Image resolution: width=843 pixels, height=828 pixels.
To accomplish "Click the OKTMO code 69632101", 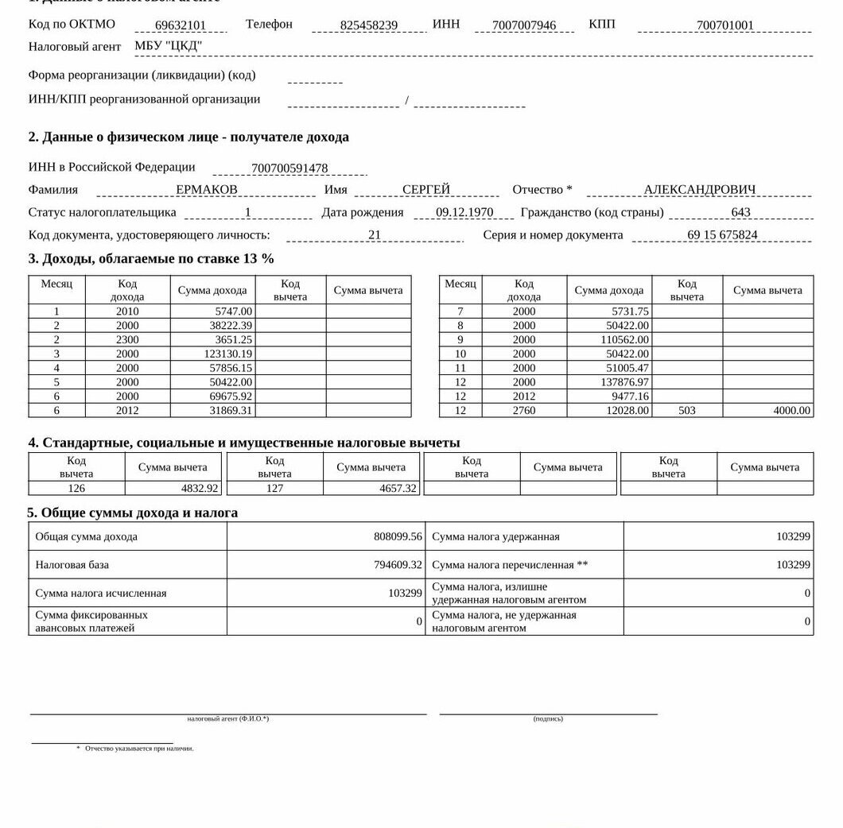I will tap(181, 25).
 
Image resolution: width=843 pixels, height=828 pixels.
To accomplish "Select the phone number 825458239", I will tap(369, 25).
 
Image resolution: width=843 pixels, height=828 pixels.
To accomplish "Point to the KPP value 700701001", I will tap(725, 25).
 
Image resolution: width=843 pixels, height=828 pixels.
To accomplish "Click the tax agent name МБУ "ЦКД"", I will tap(169, 46).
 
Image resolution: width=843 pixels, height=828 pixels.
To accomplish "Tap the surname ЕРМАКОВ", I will tap(207, 190).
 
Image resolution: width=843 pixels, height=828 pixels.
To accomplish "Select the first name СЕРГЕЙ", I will tap(426, 190).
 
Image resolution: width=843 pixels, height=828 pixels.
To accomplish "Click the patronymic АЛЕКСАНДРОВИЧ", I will tap(700, 190).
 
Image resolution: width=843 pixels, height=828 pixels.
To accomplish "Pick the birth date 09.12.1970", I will tap(464, 213).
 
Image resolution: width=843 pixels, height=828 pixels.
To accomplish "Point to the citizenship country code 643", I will tap(740, 213).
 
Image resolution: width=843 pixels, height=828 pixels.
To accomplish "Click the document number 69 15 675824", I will tap(722, 235).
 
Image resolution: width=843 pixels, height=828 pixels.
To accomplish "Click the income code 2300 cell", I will tap(127, 340).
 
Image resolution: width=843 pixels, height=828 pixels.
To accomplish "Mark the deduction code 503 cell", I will tap(687, 411).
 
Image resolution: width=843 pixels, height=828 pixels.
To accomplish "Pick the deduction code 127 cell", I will tap(274, 489).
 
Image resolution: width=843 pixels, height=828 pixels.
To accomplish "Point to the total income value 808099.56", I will tap(398, 537).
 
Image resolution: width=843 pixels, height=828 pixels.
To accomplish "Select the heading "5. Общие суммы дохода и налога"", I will tap(133, 513).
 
